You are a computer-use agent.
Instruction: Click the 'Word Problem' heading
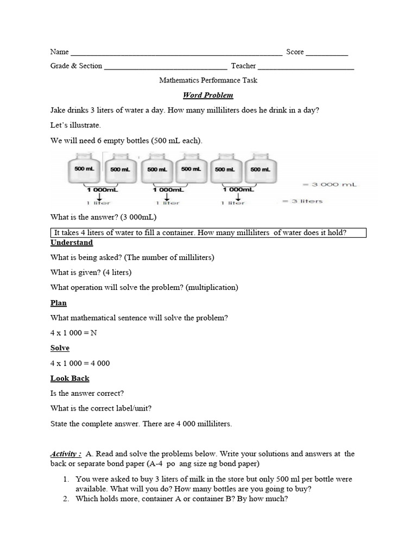pyautogui.click(x=208, y=95)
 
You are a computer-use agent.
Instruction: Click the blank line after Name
pyautogui.click(x=176, y=54)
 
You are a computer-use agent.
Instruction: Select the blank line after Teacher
pyautogui.click(x=306, y=68)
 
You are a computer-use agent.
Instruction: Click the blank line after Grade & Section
pyautogui.click(x=165, y=68)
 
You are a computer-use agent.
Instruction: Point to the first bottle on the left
pyautogui.click(x=84, y=169)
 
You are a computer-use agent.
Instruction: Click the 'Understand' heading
pyautogui.click(x=71, y=242)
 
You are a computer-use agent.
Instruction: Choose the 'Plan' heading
pyautogui.click(x=59, y=303)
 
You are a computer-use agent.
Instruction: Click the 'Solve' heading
pyautogui.click(x=60, y=348)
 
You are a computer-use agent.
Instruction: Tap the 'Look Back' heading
pyautogui.click(x=69, y=378)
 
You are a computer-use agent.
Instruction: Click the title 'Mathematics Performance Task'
pyautogui.click(x=208, y=80)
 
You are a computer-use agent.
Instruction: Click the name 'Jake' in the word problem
pyautogui.click(x=58, y=110)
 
